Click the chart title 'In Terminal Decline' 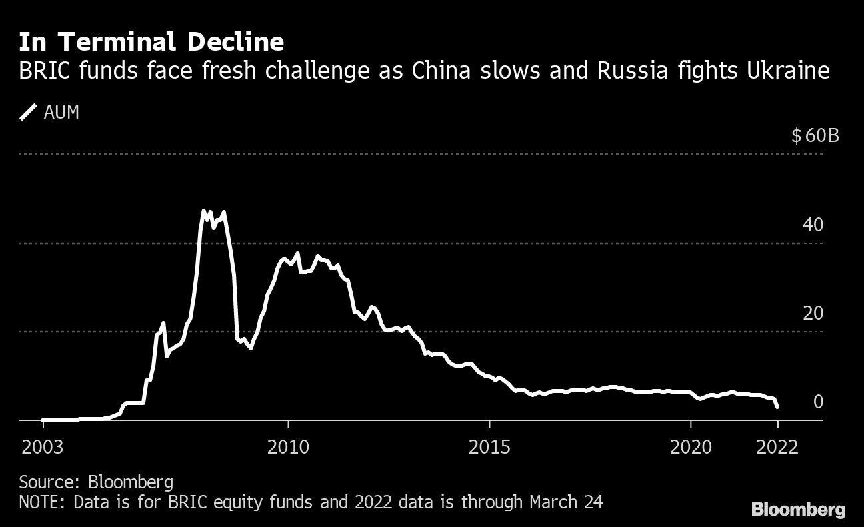pos(151,42)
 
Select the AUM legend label pos(61,113)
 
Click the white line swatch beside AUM pos(29,113)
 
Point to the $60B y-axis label pos(814,136)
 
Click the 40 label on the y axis pos(813,225)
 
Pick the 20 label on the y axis pos(813,313)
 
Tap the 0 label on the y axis pos(818,402)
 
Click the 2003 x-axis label pos(43,446)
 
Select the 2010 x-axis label pos(288,446)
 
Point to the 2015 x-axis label pos(489,446)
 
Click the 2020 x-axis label pos(691,446)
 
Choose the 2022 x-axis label pos(777,446)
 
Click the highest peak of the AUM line pos(203,211)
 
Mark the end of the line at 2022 pos(777,406)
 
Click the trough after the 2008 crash pos(250,348)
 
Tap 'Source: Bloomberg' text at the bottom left pos(96,482)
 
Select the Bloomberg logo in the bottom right pos(798,510)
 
